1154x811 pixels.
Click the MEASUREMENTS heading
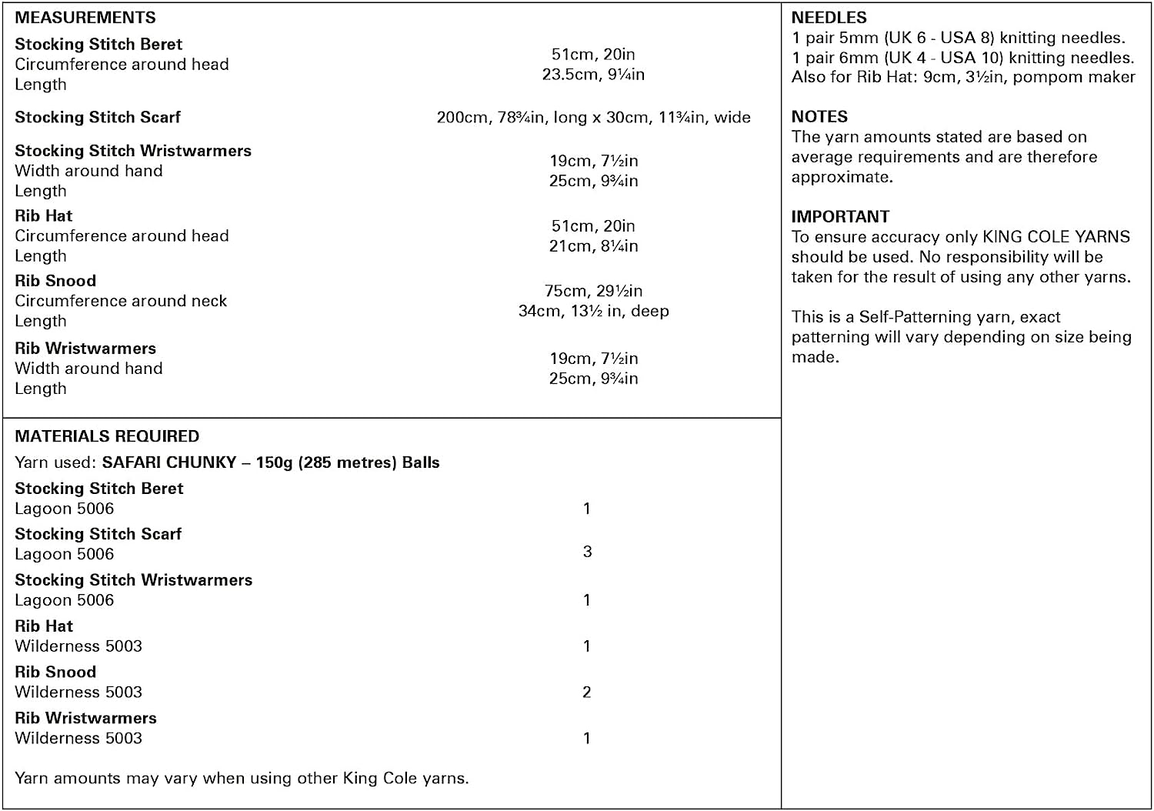pos(85,18)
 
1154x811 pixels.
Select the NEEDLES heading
pos(829,18)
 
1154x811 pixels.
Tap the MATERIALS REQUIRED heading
pos(107,436)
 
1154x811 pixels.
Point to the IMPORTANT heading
pos(840,217)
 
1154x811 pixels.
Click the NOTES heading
pos(819,117)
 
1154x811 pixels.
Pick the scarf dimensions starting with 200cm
pos(593,118)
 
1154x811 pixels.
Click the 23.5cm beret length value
pos(593,75)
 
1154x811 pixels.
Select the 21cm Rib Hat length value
pos(593,246)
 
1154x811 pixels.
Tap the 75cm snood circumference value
pos(593,291)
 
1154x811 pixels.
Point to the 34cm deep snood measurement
pos(593,311)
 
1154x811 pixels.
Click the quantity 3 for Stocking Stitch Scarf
pos(587,552)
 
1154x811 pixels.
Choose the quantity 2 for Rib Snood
pos(587,693)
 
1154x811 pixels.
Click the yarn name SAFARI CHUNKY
pos(169,462)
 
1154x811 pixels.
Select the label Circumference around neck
pos(121,301)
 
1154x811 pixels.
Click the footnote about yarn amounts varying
pos(242,778)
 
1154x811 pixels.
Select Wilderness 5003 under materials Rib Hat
pos(78,646)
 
